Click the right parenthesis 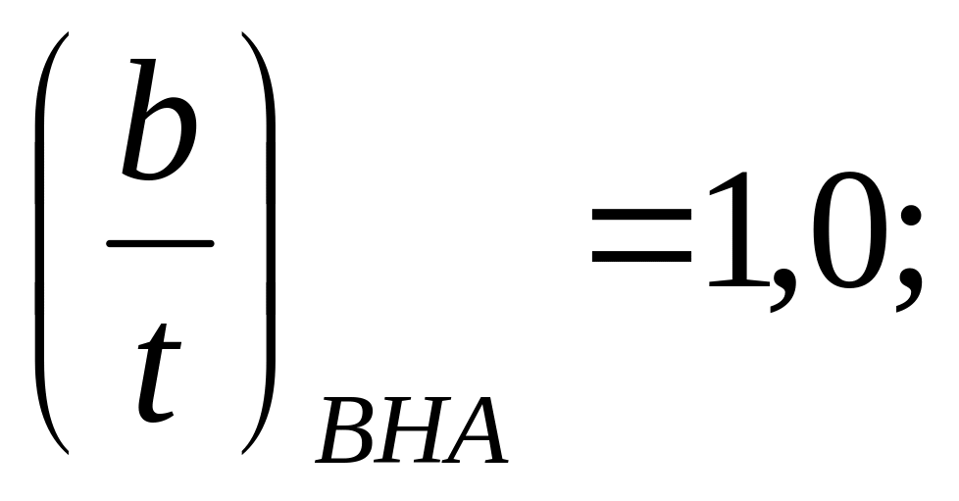[267, 245]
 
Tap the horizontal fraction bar [160, 244]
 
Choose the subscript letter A [476, 431]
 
